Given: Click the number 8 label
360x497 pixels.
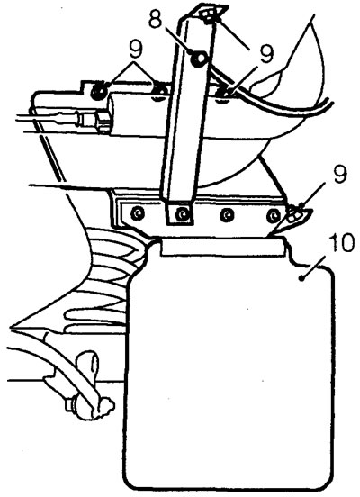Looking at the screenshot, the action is (x=157, y=19).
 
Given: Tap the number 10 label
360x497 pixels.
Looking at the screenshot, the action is (x=339, y=243).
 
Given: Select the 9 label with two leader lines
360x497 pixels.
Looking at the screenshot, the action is (x=135, y=50).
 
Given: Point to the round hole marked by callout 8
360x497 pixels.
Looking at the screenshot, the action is (x=200, y=59).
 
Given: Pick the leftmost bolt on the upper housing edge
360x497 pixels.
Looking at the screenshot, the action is (x=98, y=91).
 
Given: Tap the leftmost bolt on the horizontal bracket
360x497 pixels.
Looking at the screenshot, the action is (x=137, y=214).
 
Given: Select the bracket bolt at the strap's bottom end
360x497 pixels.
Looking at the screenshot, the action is (x=182, y=214).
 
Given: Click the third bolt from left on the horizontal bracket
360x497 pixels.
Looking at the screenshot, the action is (x=227, y=215).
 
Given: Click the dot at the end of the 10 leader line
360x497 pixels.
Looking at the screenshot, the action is (x=302, y=278).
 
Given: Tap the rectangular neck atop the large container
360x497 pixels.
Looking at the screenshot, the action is (x=221, y=247).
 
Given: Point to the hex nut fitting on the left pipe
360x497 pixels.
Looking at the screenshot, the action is (x=103, y=122).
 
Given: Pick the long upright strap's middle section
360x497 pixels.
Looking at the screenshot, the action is (x=187, y=111).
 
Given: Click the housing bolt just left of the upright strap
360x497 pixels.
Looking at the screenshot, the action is (x=159, y=91).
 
